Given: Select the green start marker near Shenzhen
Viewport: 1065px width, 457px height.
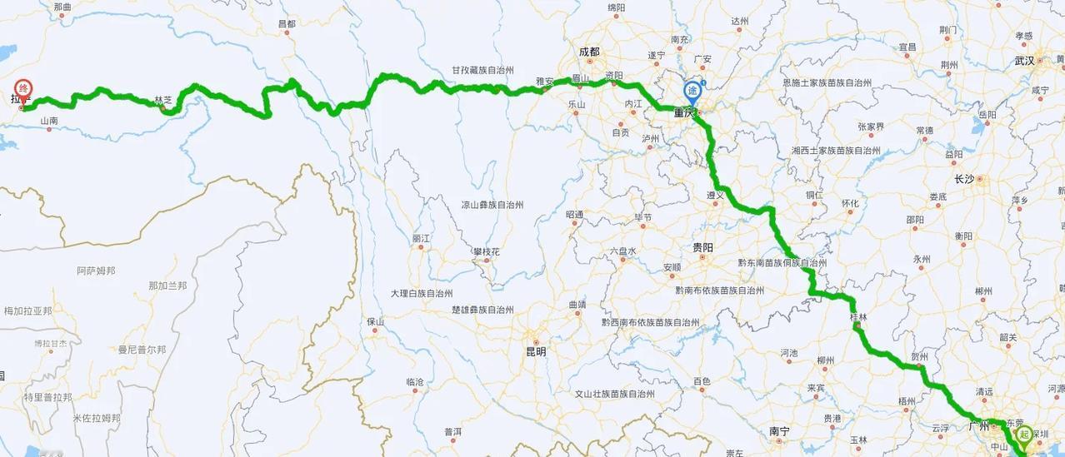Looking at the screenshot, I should pos(1025,433).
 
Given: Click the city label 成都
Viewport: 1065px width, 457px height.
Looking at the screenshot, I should pos(589,52).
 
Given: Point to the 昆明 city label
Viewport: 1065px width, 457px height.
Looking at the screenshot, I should pos(535,351).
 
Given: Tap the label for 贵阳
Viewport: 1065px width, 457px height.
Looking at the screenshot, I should pos(702,247).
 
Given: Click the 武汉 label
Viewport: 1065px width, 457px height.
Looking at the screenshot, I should pos(1024,61).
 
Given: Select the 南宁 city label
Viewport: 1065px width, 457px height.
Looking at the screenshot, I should pos(779,431).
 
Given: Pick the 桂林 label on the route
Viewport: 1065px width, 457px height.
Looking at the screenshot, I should pos(857,317).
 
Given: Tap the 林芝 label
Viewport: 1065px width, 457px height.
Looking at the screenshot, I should pos(163,101).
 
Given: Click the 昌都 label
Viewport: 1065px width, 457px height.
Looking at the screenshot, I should pos(287,24).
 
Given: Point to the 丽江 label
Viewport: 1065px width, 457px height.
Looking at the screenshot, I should pos(421,238).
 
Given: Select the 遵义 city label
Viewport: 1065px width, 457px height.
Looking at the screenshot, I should pos(716,195).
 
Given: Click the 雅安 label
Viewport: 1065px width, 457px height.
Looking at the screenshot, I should pos(545,82).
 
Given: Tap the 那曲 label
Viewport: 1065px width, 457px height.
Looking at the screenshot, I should pos(62,7).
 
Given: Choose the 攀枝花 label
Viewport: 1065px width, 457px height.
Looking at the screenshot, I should pos(486,251).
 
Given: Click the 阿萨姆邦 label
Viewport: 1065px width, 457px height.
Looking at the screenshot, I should pos(96,271).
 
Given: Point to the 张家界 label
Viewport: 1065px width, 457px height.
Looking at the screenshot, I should pos(871,127).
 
